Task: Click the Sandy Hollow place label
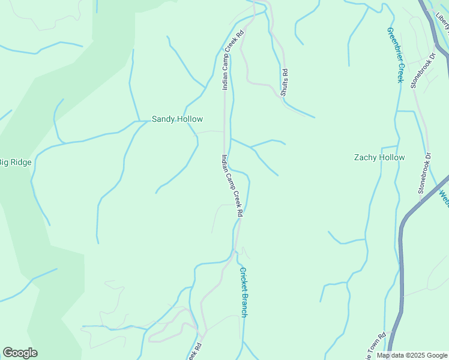pos(177,119)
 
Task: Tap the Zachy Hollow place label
pos(379,158)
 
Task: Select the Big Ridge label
pos(15,162)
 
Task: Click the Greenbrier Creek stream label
pos(396,55)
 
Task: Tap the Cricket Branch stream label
pos(244,292)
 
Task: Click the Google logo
pos(20,353)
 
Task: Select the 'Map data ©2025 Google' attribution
pos(412,355)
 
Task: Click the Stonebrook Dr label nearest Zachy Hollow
pos(425,173)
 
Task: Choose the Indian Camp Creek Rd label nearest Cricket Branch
pos(232,185)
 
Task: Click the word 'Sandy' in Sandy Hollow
pos(163,119)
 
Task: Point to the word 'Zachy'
pos(365,158)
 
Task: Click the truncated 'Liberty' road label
pos(443,22)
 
